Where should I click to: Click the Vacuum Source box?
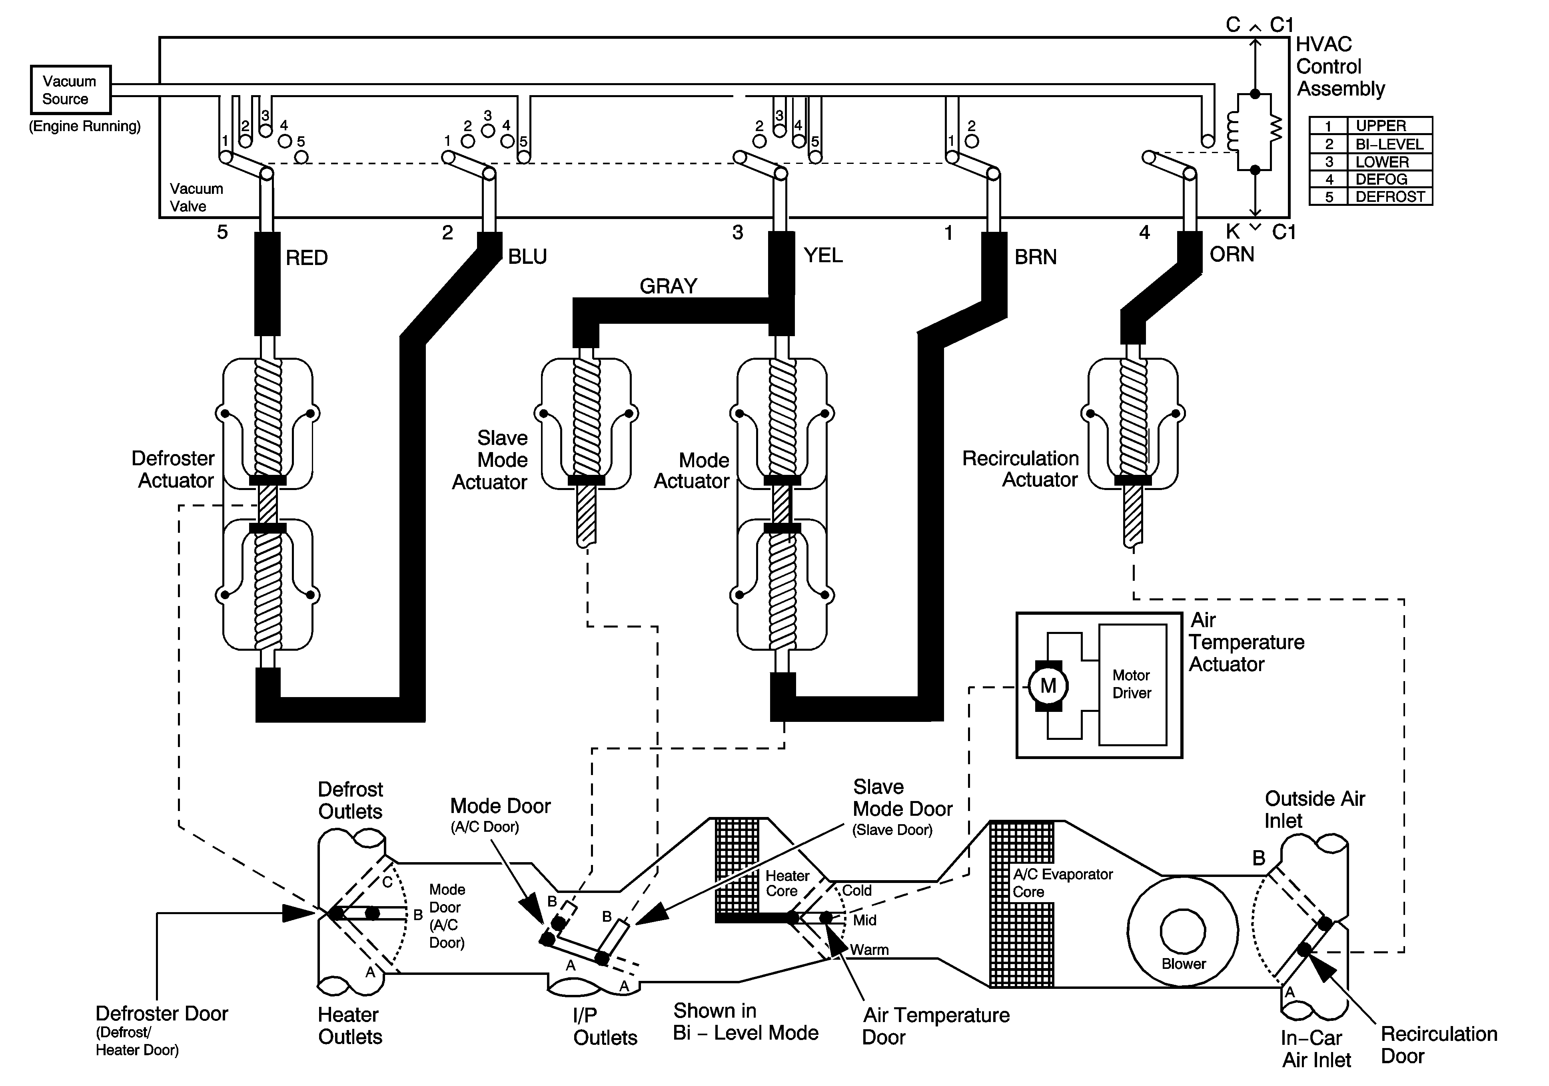coord(70,90)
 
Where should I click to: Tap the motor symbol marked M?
coord(1048,685)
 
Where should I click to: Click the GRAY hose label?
coord(668,286)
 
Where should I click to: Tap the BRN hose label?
coord(1036,257)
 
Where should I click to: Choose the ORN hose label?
coord(1232,254)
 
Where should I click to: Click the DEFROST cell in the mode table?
coord(1390,197)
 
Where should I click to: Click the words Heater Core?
coord(786,883)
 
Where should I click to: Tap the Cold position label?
coord(857,891)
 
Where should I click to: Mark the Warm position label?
coord(869,950)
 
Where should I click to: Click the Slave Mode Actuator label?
coord(491,460)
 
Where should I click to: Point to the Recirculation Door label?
coord(1438,1045)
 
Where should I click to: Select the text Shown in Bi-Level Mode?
coord(745,1022)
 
